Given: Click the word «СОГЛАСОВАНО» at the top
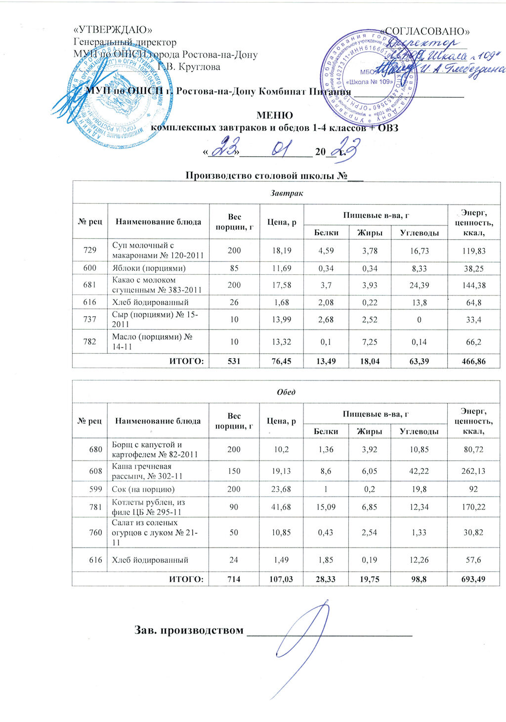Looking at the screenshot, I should [x=427, y=31].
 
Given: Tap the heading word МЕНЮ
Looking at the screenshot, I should [x=275, y=116].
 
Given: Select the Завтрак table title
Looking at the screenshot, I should [x=287, y=193].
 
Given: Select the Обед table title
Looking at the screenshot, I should [x=287, y=392].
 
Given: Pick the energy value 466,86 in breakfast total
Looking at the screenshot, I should [x=473, y=361].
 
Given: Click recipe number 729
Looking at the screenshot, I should [x=90, y=251].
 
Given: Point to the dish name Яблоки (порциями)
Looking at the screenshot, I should [x=149, y=268].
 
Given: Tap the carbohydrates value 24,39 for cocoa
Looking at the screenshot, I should [x=419, y=285].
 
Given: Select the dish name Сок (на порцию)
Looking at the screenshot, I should [x=143, y=489].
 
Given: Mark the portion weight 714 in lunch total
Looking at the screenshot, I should [x=234, y=579].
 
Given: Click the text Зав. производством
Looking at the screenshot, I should [x=189, y=630].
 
